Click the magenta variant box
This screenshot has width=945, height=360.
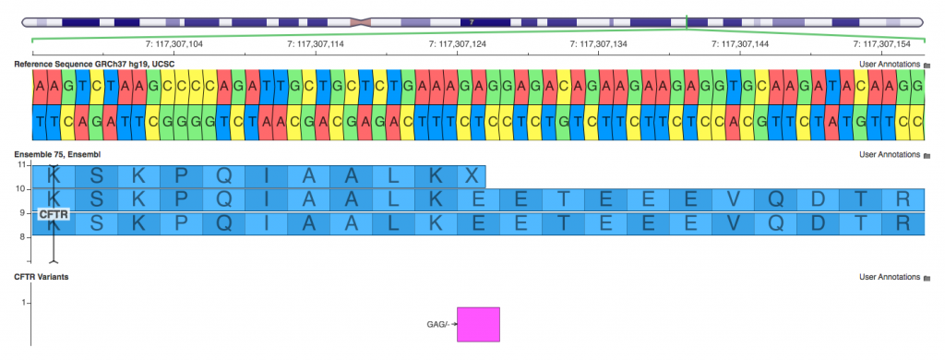point(478,324)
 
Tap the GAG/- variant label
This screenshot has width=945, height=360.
point(437,324)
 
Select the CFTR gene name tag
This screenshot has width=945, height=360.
point(53,213)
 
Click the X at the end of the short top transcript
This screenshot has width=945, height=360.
point(471,174)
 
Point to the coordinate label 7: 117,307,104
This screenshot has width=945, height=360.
point(175,43)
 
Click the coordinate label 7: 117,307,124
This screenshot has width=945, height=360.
point(458,43)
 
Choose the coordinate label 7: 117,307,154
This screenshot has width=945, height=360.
point(881,43)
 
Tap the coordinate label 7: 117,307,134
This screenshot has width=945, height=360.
point(599,43)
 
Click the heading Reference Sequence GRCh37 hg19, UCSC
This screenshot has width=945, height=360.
point(93,64)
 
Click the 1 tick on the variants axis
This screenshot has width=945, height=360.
point(25,302)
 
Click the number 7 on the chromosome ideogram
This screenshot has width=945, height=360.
point(472,20)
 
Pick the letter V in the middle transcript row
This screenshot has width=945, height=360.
point(732,198)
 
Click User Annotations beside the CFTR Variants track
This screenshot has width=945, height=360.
point(890,277)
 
